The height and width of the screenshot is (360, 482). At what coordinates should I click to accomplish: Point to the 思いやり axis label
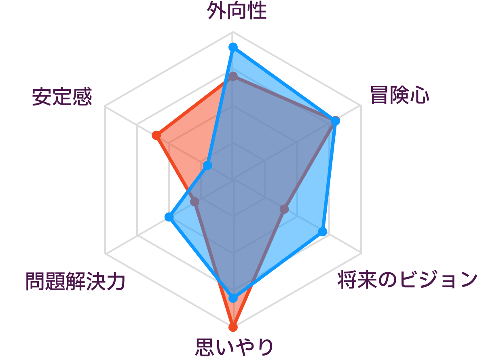click(235, 347)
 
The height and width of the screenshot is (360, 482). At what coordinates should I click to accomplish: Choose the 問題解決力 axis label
click(75, 282)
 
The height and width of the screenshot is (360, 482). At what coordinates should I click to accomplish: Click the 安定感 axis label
click(62, 97)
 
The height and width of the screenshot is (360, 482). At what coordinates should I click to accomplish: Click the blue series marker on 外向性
click(233, 47)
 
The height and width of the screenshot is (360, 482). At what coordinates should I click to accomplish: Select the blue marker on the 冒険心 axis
click(335, 120)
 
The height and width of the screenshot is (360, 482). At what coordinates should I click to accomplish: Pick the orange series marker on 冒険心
click(331, 126)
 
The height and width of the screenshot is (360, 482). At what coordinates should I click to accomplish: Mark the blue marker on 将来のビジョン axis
click(323, 231)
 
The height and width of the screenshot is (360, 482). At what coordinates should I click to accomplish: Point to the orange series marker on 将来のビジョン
click(284, 209)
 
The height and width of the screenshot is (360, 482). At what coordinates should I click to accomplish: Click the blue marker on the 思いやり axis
click(233, 298)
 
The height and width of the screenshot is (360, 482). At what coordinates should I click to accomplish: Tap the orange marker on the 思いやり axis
click(233, 327)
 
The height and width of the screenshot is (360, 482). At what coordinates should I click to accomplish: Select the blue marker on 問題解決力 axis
click(169, 218)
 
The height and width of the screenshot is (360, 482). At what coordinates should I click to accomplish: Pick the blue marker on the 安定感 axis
click(207, 166)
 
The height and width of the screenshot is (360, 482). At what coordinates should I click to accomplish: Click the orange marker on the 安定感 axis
click(156, 135)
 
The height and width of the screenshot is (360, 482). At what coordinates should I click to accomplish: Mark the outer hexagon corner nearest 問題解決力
click(105, 254)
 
